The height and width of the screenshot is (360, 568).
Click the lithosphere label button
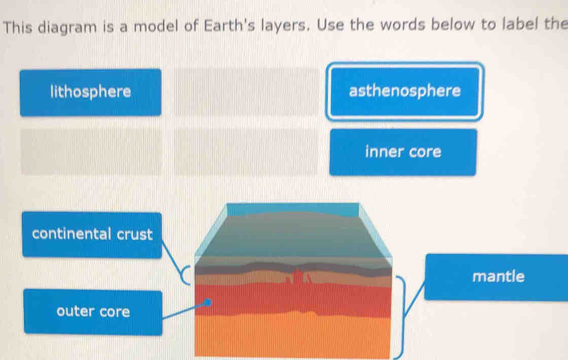(x=91, y=92)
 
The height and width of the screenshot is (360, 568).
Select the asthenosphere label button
(x=405, y=91)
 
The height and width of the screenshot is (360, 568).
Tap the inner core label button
(x=403, y=152)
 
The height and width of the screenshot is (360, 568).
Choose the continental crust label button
(x=92, y=235)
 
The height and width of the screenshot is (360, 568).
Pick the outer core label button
(x=93, y=312)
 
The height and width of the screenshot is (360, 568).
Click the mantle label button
(x=496, y=277)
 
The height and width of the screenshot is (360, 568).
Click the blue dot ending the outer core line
(x=207, y=302)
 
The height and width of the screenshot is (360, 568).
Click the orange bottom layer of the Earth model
(x=293, y=337)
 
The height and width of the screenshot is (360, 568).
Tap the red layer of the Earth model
(x=293, y=299)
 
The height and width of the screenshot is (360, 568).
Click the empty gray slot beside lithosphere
(x=246, y=92)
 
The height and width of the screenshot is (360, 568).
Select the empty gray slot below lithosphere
(x=92, y=152)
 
